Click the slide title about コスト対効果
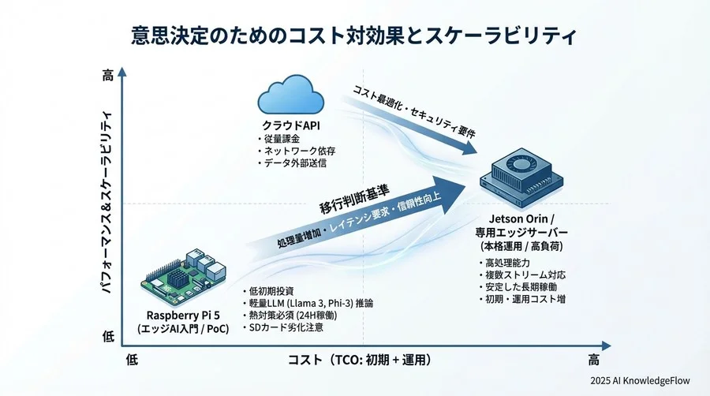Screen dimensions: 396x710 (x=354, y=36)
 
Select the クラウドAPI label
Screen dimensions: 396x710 (x=290, y=125)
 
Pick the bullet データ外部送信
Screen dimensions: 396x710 (x=295, y=163)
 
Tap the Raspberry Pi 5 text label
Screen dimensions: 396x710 (x=182, y=314)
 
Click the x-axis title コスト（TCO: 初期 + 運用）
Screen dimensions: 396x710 (x=360, y=360)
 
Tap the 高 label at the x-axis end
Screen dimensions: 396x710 (x=593, y=360)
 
